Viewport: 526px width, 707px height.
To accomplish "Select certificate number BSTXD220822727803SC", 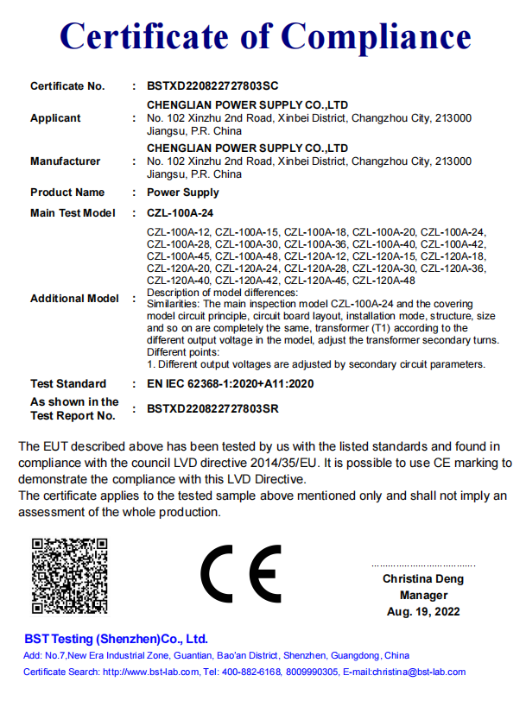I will (213, 86).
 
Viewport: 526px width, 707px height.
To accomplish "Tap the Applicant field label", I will (55, 118).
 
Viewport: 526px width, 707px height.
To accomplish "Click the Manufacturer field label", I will (65, 161).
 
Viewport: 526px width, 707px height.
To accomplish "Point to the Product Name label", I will (67, 193).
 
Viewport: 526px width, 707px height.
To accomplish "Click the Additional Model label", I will (74, 299).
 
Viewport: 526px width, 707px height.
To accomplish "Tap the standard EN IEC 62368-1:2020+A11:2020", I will (231, 384).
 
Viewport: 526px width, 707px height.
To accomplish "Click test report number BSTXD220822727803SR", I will (213, 409).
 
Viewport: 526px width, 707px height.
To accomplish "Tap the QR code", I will (70, 575).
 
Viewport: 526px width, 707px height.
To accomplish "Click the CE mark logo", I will (241, 574).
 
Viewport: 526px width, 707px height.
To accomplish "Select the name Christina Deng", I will (423, 579).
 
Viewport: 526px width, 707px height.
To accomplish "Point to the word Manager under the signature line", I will (423, 596).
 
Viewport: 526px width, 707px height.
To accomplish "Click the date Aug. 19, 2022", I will (423, 612).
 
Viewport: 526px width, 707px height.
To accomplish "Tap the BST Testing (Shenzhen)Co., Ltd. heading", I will (117, 640).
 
